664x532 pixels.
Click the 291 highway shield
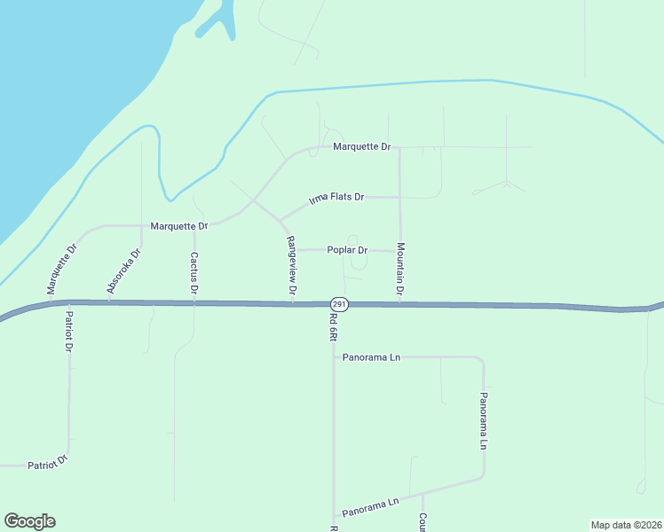click(x=341, y=304)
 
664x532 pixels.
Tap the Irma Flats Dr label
click(x=336, y=198)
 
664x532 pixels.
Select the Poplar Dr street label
click(x=347, y=250)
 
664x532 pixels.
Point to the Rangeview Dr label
click(x=290, y=265)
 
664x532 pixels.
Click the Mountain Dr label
click(x=400, y=269)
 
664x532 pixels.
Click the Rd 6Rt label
click(x=333, y=330)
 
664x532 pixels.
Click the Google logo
click(x=29, y=521)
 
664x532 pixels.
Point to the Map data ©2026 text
click(x=626, y=524)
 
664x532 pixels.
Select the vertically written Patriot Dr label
click(x=68, y=331)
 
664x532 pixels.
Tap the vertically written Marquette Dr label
click(x=63, y=268)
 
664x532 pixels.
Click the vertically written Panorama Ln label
click(x=484, y=420)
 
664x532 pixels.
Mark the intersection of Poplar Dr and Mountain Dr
click(x=399, y=251)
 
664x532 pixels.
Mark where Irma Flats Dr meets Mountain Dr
click(x=399, y=197)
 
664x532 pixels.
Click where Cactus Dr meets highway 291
click(x=194, y=303)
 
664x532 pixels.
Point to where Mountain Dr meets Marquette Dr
click(x=399, y=147)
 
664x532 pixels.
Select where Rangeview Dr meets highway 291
click(x=293, y=303)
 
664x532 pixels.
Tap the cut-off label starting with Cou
click(x=423, y=522)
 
